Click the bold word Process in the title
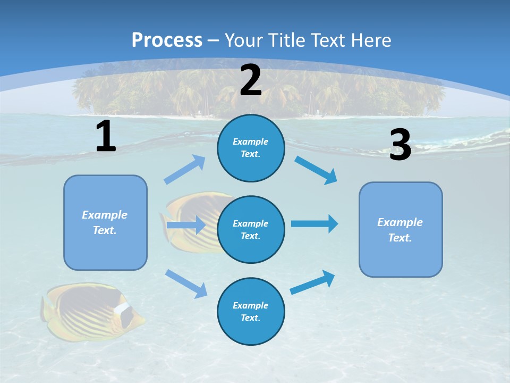pos(167,40)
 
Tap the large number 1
pos(105,136)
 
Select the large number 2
pos(251,81)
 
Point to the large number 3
pos(400,145)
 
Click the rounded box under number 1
pos(105,222)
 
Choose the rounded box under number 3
pos(401,229)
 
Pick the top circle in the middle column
pos(251,148)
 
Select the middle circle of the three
pos(251,229)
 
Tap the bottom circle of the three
pos(251,311)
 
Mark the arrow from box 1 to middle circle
pos(185,225)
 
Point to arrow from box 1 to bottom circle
pos(186,284)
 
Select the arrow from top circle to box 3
pos(316,170)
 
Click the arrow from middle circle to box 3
pos(314,223)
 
